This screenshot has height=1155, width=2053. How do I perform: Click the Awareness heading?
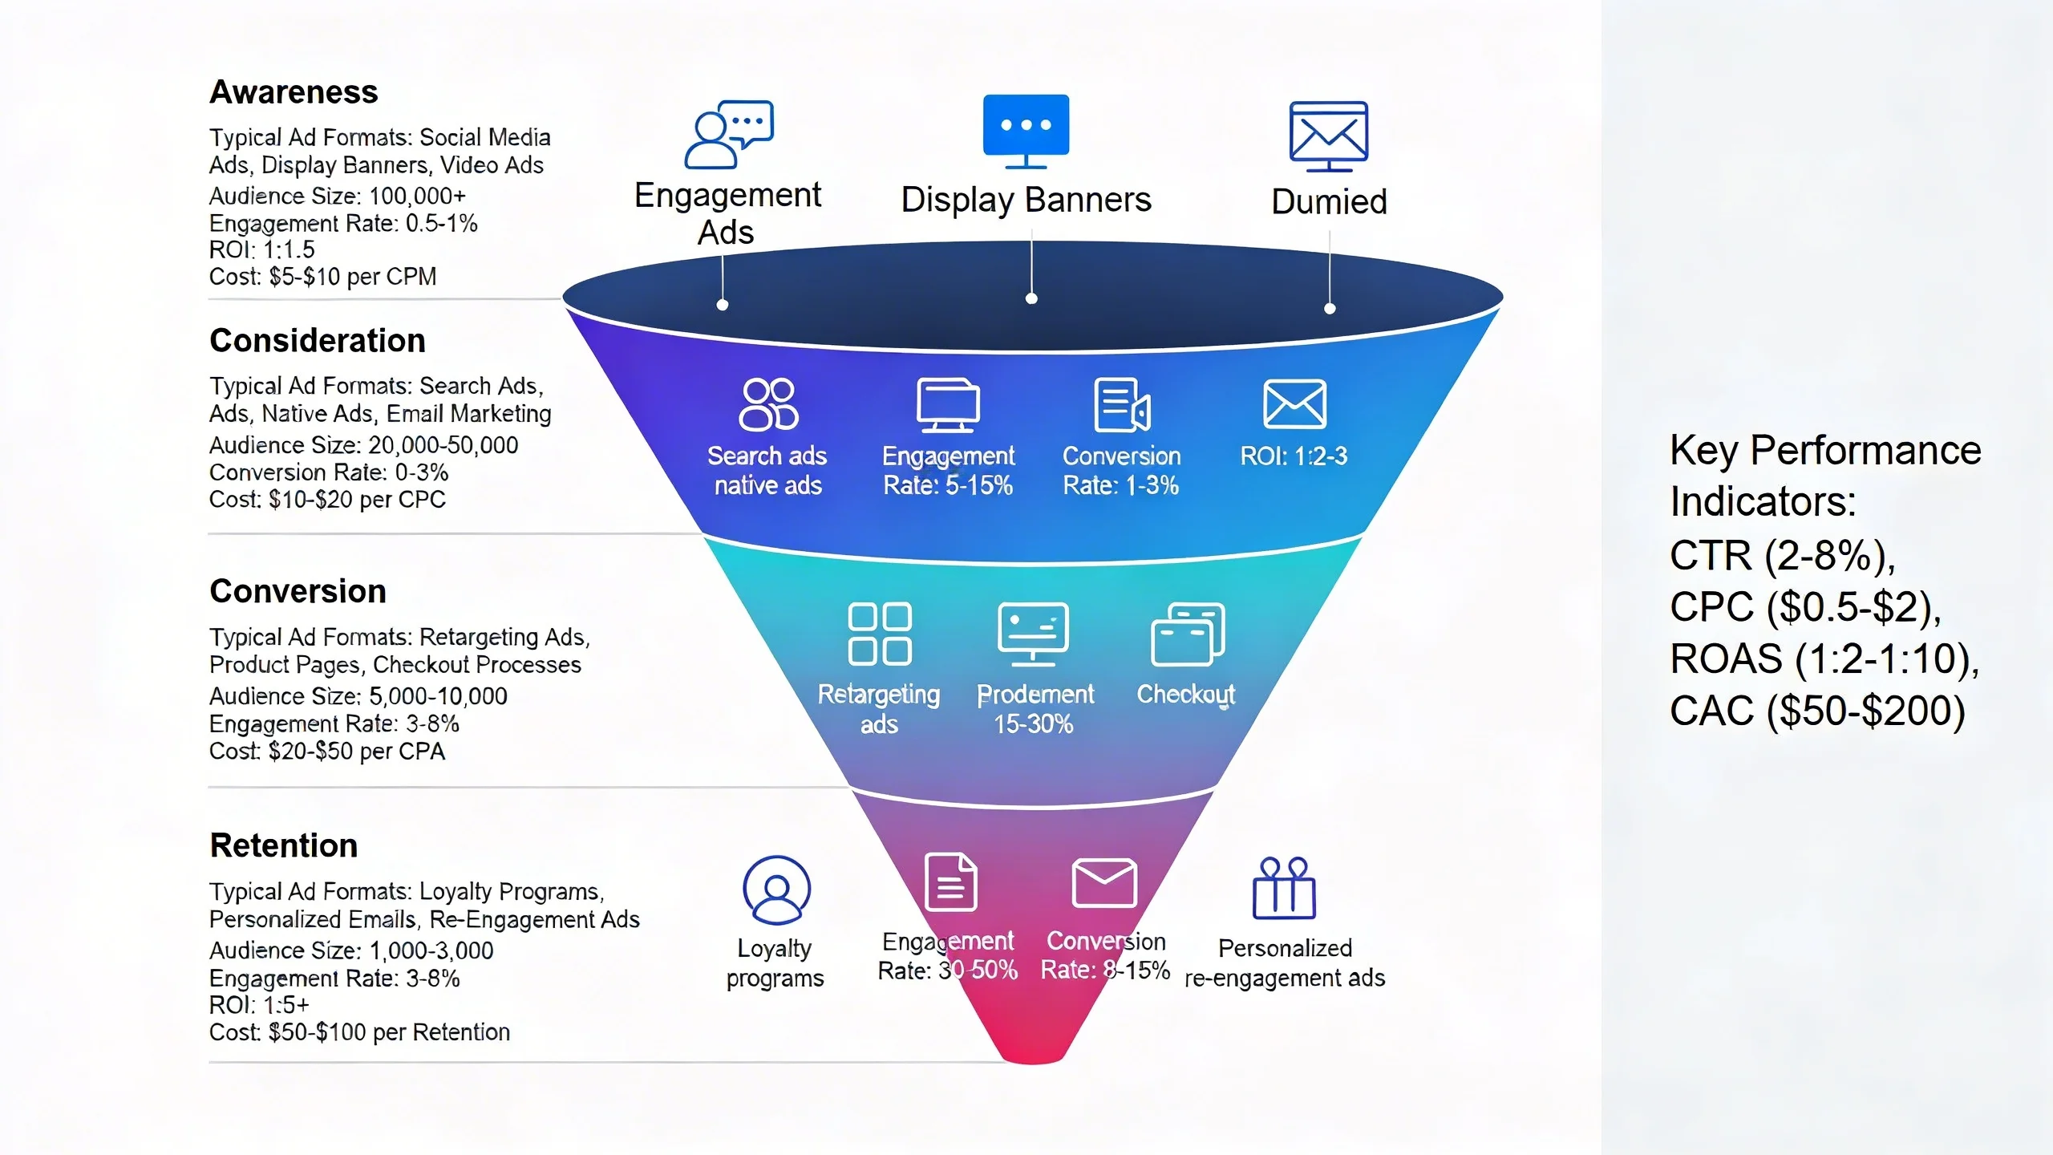click(x=294, y=92)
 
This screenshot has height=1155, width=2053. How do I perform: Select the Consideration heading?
click(x=318, y=341)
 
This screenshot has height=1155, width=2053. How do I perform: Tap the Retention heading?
click(x=284, y=845)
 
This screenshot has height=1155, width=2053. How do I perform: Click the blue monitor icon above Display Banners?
click(x=1026, y=130)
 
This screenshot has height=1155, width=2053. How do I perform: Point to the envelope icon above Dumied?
click(x=1329, y=135)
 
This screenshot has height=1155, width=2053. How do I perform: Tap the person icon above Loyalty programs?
click(x=776, y=890)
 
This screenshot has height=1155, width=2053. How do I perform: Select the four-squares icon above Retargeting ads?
click(x=880, y=634)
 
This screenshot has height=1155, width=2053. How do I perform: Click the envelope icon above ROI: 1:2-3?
click(x=1294, y=403)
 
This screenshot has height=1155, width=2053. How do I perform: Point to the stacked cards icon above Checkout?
click(x=1188, y=634)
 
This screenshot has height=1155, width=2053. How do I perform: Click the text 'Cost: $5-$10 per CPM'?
click(x=322, y=277)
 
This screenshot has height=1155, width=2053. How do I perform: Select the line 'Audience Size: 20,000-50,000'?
click(x=363, y=445)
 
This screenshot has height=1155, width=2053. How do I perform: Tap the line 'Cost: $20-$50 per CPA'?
click(x=326, y=752)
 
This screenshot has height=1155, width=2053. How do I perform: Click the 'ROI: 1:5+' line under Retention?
click(x=259, y=1005)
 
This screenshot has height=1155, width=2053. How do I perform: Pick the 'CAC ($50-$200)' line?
click(x=1817, y=711)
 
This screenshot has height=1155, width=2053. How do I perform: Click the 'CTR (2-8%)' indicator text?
click(x=1782, y=555)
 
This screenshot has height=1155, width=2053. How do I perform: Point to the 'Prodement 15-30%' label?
click(x=1035, y=709)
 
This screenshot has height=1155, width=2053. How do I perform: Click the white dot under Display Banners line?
click(x=1031, y=299)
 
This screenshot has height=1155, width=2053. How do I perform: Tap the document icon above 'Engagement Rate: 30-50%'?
click(x=950, y=882)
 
